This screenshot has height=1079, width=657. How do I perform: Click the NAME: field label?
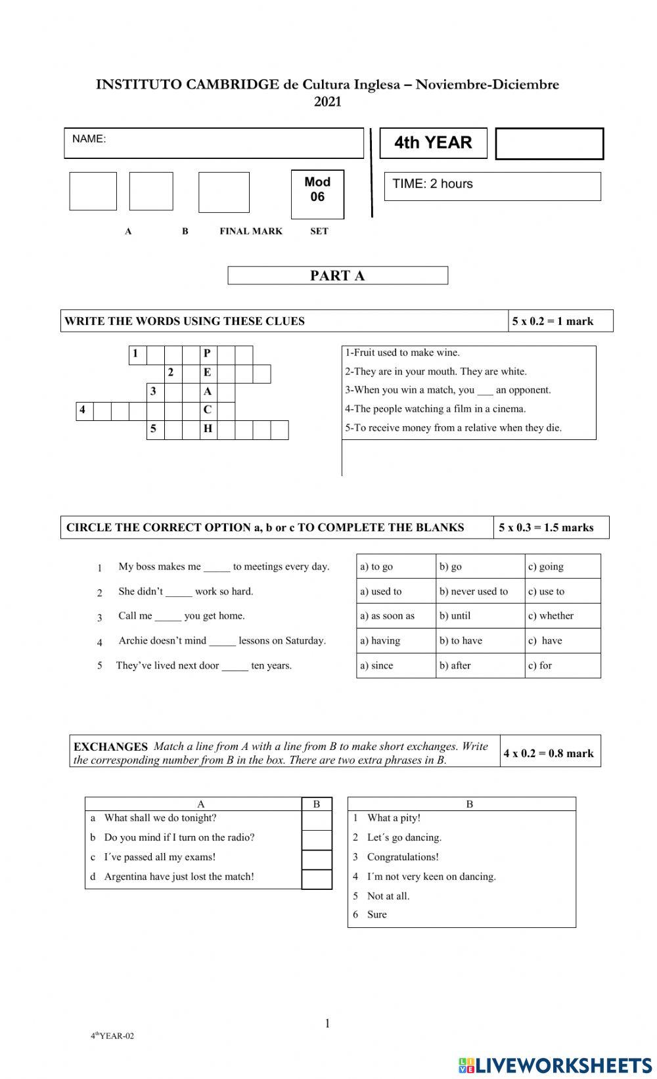point(89,139)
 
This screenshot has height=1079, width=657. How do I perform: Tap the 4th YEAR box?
point(433,143)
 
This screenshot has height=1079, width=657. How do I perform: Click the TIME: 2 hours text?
point(432,184)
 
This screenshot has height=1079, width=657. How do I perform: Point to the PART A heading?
point(337,276)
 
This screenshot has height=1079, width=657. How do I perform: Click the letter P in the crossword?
point(208,354)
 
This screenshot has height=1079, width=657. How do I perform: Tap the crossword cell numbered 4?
point(83,410)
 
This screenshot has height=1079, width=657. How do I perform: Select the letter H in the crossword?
point(208,429)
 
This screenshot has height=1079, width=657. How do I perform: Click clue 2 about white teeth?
point(436,372)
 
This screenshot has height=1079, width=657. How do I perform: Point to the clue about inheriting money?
point(453,428)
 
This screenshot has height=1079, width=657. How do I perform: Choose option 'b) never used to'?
point(474,592)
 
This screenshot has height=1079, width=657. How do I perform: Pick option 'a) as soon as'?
point(387,616)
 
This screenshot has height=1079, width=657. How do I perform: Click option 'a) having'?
point(380,641)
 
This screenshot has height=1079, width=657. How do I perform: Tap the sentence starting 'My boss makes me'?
point(223,567)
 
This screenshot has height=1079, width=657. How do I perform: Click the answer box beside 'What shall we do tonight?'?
point(316,820)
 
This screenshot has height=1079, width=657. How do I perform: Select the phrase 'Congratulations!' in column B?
point(402,857)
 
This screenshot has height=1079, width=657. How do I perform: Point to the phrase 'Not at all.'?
point(388,896)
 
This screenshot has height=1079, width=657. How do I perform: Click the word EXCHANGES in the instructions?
point(110,747)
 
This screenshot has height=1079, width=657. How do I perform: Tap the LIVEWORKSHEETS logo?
point(555,1064)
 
